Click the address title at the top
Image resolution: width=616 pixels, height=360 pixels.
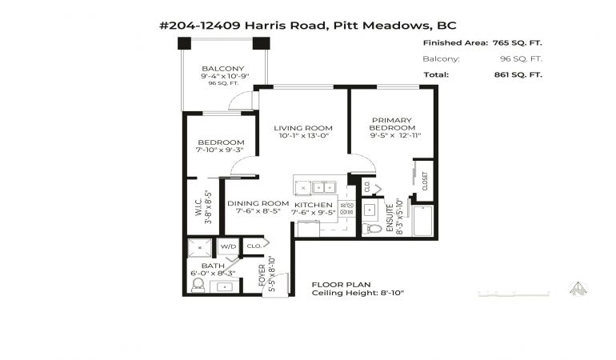[x=308, y=26]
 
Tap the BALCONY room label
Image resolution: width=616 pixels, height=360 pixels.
[x=222, y=68]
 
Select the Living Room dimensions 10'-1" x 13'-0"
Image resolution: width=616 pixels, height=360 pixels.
[x=304, y=135]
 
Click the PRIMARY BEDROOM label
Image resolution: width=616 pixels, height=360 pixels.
[x=392, y=124]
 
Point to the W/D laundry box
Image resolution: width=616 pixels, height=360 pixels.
[x=228, y=246]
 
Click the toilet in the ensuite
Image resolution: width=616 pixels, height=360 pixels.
[x=372, y=228]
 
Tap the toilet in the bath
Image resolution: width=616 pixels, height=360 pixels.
[x=198, y=285]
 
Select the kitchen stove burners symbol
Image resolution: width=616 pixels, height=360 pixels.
[x=347, y=208]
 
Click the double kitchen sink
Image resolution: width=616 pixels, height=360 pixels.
[x=324, y=187]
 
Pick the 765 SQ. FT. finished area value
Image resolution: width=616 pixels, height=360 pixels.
[x=517, y=43]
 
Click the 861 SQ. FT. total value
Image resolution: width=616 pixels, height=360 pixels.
[x=518, y=74]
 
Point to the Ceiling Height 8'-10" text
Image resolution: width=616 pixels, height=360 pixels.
[x=358, y=293]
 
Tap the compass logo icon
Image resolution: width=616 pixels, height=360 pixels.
[x=578, y=289]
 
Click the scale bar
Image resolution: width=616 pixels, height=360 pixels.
[x=514, y=294]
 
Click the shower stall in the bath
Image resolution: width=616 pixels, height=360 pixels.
[x=199, y=248]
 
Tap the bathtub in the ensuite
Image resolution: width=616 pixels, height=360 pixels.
[x=423, y=221]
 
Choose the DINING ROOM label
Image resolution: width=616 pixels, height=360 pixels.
[x=258, y=203]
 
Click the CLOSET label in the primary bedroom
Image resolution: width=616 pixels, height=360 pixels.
[x=425, y=181]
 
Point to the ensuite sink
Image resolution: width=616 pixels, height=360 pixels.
[x=370, y=210]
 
